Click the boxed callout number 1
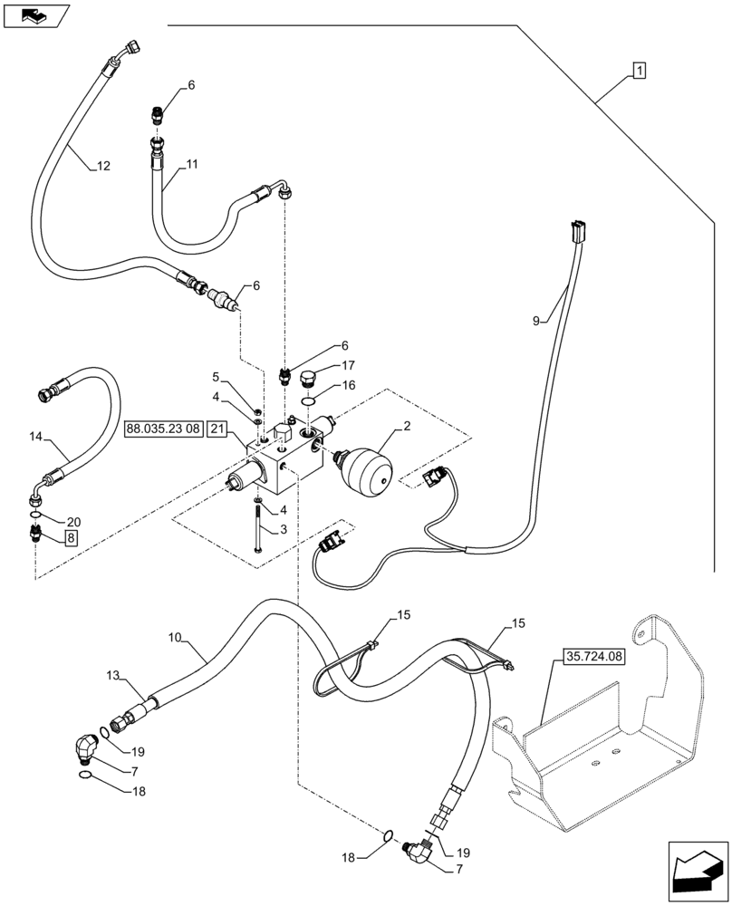[x=639, y=70]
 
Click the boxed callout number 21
[x=217, y=429]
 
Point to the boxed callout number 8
[x=70, y=537]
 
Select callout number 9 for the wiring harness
[x=535, y=320]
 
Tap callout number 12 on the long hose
[x=102, y=166]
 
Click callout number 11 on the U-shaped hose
[x=192, y=164]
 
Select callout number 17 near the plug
[x=347, y=366]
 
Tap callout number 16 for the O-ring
[x=347, y=385]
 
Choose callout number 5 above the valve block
[x=217, y=376]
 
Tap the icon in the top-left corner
[x=37, y=15]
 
